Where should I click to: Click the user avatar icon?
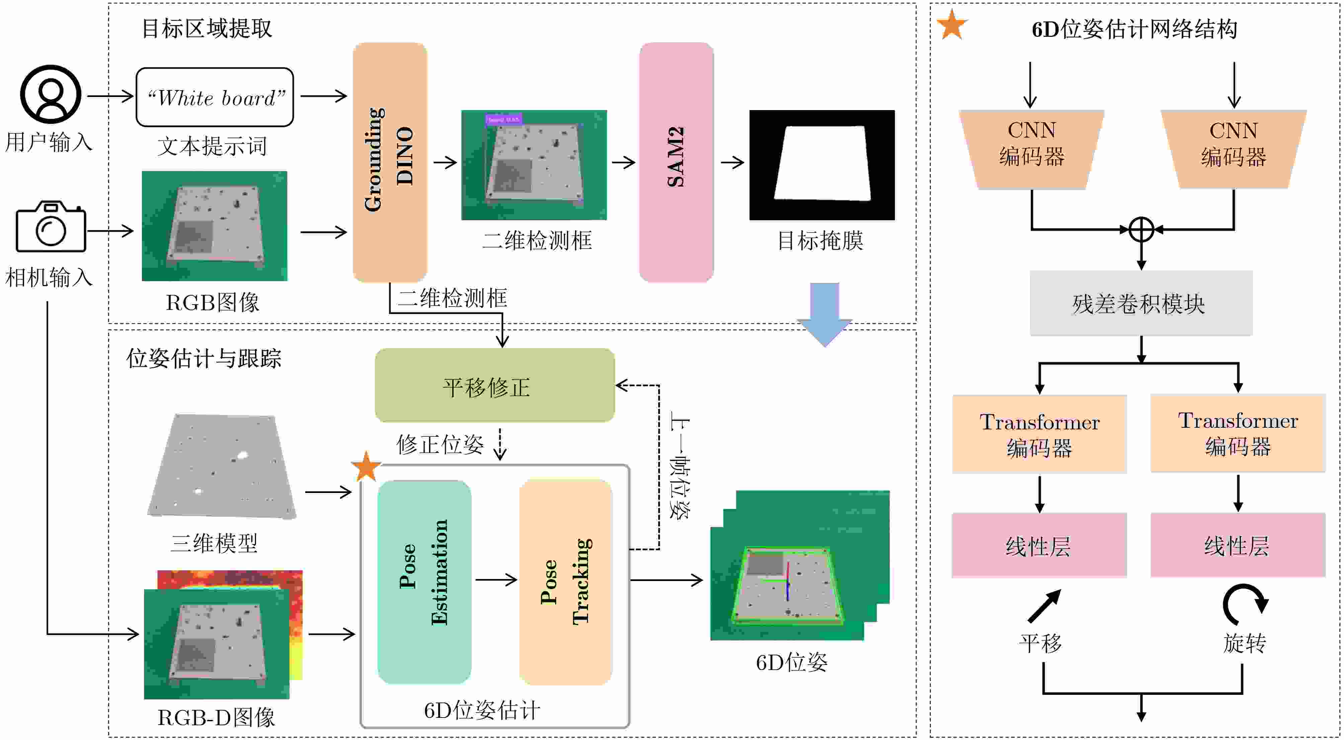click(51, 94)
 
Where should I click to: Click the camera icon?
click(51, 227)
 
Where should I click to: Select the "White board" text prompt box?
click(215, 97)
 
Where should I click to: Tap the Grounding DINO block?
click(390, 162)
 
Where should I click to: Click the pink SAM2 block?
click(676, 162)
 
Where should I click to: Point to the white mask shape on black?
click(823, 163)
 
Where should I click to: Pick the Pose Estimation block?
click(424, 582)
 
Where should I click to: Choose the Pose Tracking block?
click(566, 582)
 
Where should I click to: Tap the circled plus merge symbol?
click(1141, 229)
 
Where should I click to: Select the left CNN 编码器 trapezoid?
click(1031, 149)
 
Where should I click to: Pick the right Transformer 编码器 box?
click(1238, 433)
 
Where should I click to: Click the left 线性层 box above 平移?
click(1039, 545)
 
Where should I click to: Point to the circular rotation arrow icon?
click(1244, 604)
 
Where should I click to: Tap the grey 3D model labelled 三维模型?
click(222, 466)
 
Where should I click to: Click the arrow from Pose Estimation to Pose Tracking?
click(496, 579)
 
